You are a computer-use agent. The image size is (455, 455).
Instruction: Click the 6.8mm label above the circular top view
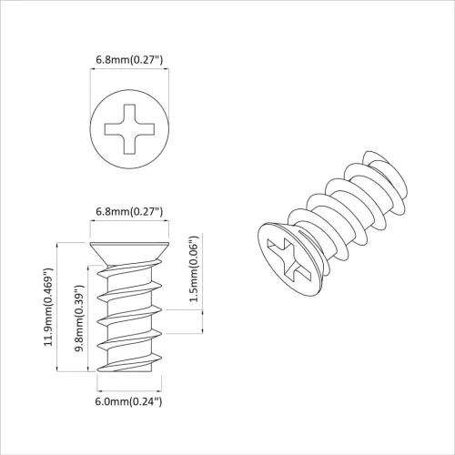[129, 61]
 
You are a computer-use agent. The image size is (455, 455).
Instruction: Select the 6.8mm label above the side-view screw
[129, 212]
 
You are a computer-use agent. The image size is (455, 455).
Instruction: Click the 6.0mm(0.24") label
[129, 401]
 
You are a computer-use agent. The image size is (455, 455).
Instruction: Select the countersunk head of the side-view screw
[129, 252]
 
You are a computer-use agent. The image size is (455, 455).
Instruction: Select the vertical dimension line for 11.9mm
[59, 308]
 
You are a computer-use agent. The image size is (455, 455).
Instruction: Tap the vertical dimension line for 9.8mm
[89, 318]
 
